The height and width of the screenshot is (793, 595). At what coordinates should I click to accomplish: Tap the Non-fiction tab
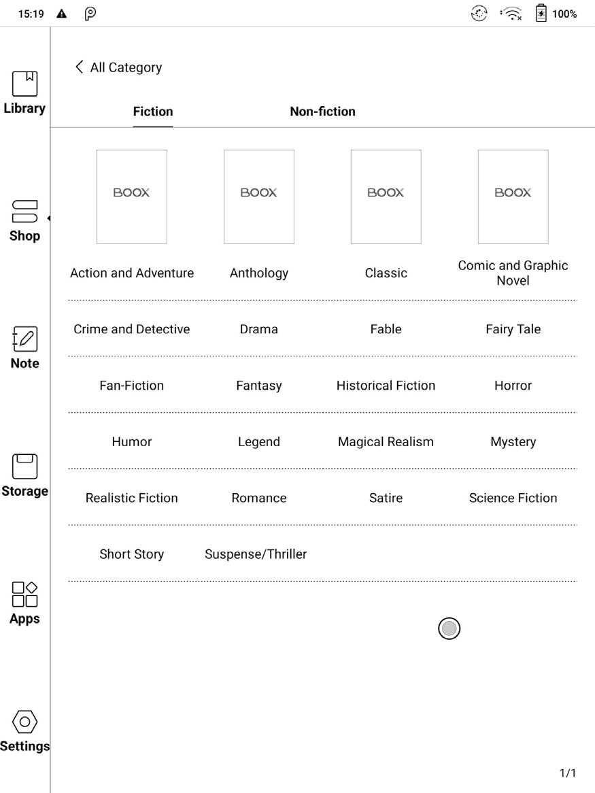tap(322, 112)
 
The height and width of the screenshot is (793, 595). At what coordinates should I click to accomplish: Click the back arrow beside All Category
tap(80, 67)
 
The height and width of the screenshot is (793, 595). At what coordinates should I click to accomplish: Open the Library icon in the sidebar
tap(24, 84)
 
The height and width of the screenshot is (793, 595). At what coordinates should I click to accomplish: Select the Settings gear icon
tap(24, 722)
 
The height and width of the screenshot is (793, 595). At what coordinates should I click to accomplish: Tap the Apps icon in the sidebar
tap(24, 594)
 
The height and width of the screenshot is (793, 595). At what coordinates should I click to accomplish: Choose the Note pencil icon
tap(24, 339)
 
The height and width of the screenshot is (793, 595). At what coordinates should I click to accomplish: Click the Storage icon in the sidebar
tap(24, 467)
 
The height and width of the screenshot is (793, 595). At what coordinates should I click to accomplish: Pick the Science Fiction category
tap(513, 498)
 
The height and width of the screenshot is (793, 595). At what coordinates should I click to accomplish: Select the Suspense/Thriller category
tap(256, 554)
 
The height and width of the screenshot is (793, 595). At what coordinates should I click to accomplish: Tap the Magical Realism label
tap(386, 442)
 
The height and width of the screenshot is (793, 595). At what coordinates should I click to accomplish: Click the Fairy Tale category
tap(513, 329)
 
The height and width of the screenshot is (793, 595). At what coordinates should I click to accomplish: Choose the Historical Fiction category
tap(386, 386)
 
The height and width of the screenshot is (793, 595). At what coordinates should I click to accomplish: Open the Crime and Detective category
tap(132, 329)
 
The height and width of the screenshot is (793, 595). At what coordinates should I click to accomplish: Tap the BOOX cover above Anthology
tap(258, 197)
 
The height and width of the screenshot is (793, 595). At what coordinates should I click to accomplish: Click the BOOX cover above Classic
tap(386, 197)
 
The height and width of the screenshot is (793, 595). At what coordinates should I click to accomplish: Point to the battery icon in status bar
tap(541, 14)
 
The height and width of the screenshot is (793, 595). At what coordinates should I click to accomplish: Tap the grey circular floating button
tap(449, 628)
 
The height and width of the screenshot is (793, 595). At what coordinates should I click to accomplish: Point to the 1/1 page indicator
tap(567, 773)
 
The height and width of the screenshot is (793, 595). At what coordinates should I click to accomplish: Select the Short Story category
tap(132, 554)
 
